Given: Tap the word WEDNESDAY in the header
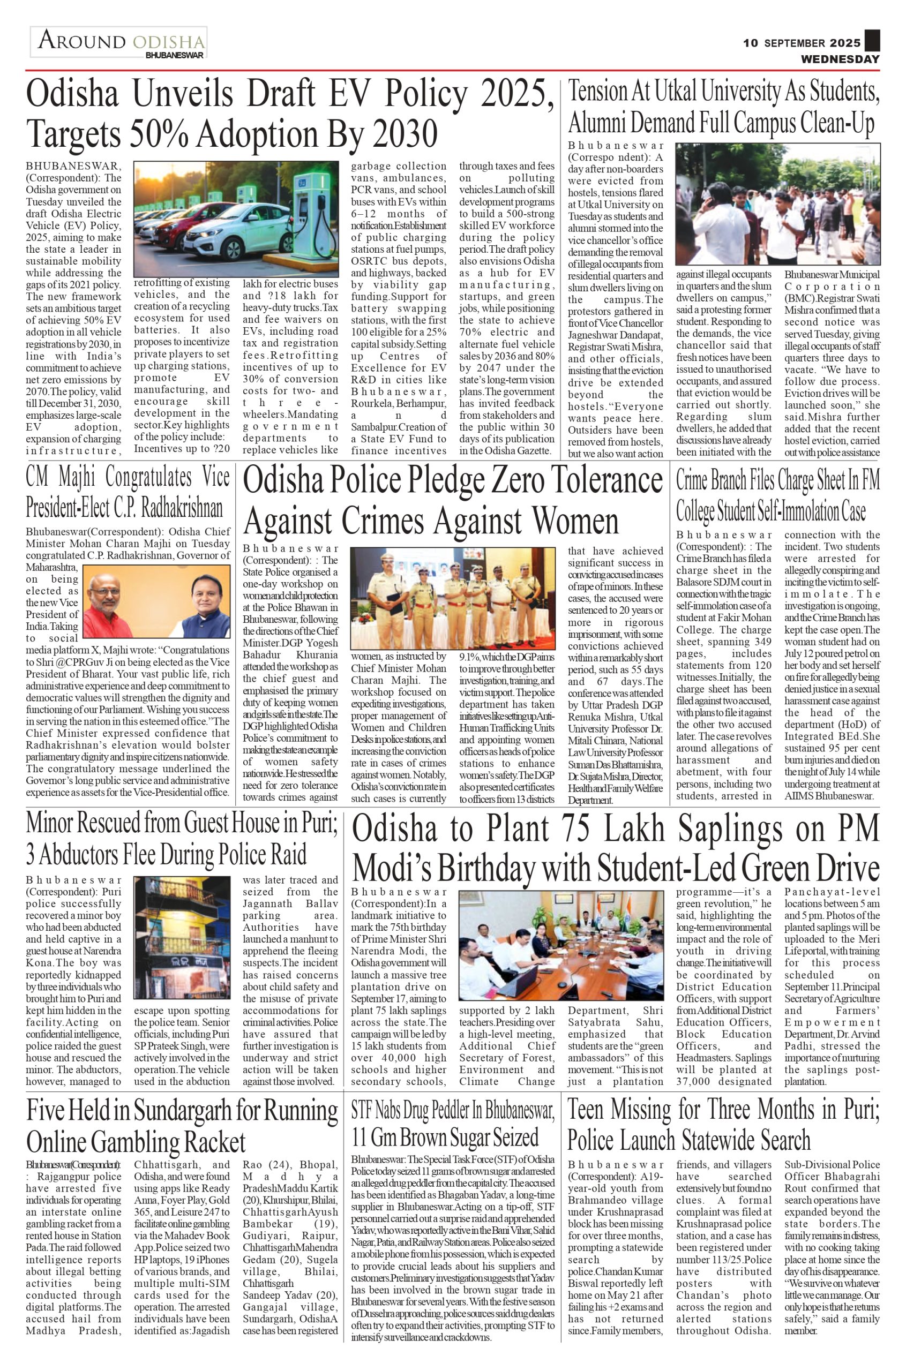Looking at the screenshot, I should tap(840, 59).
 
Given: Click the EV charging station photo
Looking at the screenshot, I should tap(236, 219).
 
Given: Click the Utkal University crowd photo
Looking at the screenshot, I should tap(777, 204).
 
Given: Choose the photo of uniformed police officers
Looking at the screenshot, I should tap(452, 598).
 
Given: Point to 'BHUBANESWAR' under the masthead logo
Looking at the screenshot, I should tap(175, 56).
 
